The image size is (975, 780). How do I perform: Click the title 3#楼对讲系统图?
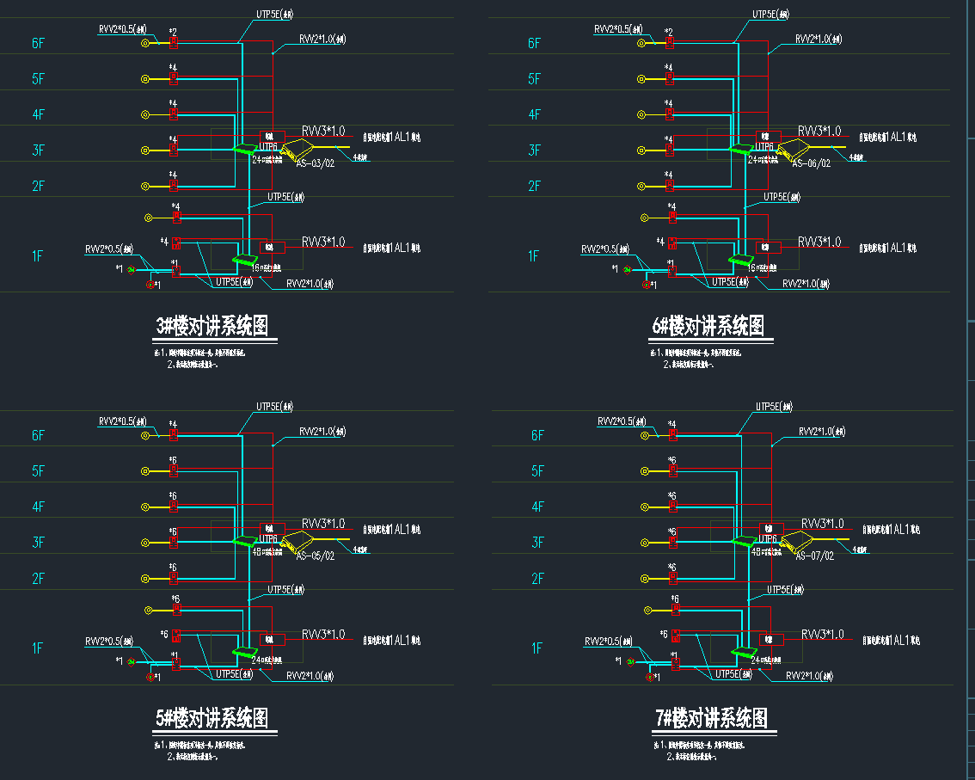click(x=212, y=326)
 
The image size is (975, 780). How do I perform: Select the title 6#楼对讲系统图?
click(x=708, y=326)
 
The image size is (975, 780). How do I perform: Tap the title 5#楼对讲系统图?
click(x=212, y=718)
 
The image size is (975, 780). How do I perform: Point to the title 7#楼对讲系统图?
click(x=711, y=718)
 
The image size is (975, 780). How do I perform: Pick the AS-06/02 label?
click(x=811, y=163)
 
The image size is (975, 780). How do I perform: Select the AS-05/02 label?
click(x=315, y=556)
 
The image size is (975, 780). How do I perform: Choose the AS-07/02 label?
click(x=814, y=556)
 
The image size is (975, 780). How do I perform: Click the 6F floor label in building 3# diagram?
click(x=38, y=43)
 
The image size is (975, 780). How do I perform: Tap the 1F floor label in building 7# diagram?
click(x=537, y=648)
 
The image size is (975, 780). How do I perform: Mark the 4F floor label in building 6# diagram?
click(x=534, y=114)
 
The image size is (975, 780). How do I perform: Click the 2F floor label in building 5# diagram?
click(x=38, y=579)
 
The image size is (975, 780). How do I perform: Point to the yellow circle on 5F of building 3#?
click(x=145, y=79)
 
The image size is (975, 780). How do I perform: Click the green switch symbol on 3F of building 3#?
click(x=244, y=150)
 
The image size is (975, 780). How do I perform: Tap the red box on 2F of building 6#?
click(x=669, y=186)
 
